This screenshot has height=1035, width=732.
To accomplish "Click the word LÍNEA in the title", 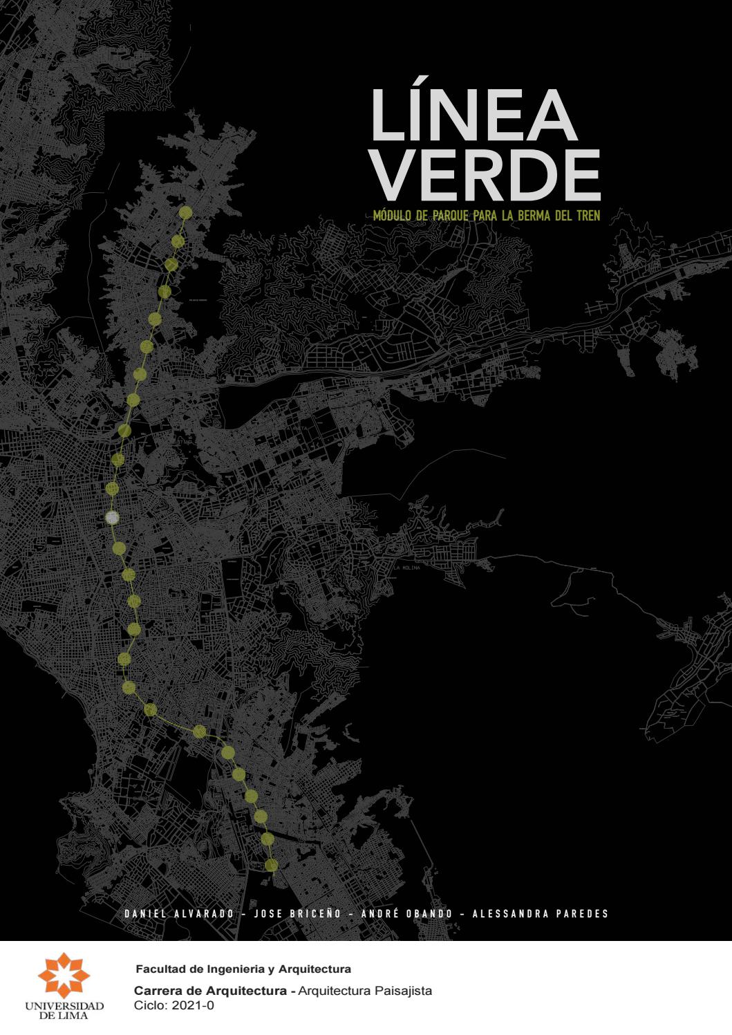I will pos(473,115).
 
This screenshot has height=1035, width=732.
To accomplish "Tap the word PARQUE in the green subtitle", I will pos(449,216).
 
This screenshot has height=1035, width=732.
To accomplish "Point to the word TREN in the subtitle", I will pos(586,216).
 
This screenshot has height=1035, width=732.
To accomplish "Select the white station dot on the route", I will pos(112,518).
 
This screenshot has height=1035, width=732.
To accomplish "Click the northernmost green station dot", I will pos(185,213).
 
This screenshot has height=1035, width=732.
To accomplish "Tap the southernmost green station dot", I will pos(271,865).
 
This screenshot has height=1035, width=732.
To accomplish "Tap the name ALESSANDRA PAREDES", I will pos(540,914).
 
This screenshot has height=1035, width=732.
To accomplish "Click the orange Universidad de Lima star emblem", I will pos(64,975).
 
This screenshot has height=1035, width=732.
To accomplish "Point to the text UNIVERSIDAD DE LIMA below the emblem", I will pos(64,1010).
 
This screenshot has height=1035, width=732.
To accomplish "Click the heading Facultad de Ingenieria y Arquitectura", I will pos(243,969).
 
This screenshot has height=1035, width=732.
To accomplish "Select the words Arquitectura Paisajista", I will pos(366,991).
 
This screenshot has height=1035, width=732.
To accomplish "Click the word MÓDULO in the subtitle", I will pos(392,216).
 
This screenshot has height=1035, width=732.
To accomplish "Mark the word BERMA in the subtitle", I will pos(532,216).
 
